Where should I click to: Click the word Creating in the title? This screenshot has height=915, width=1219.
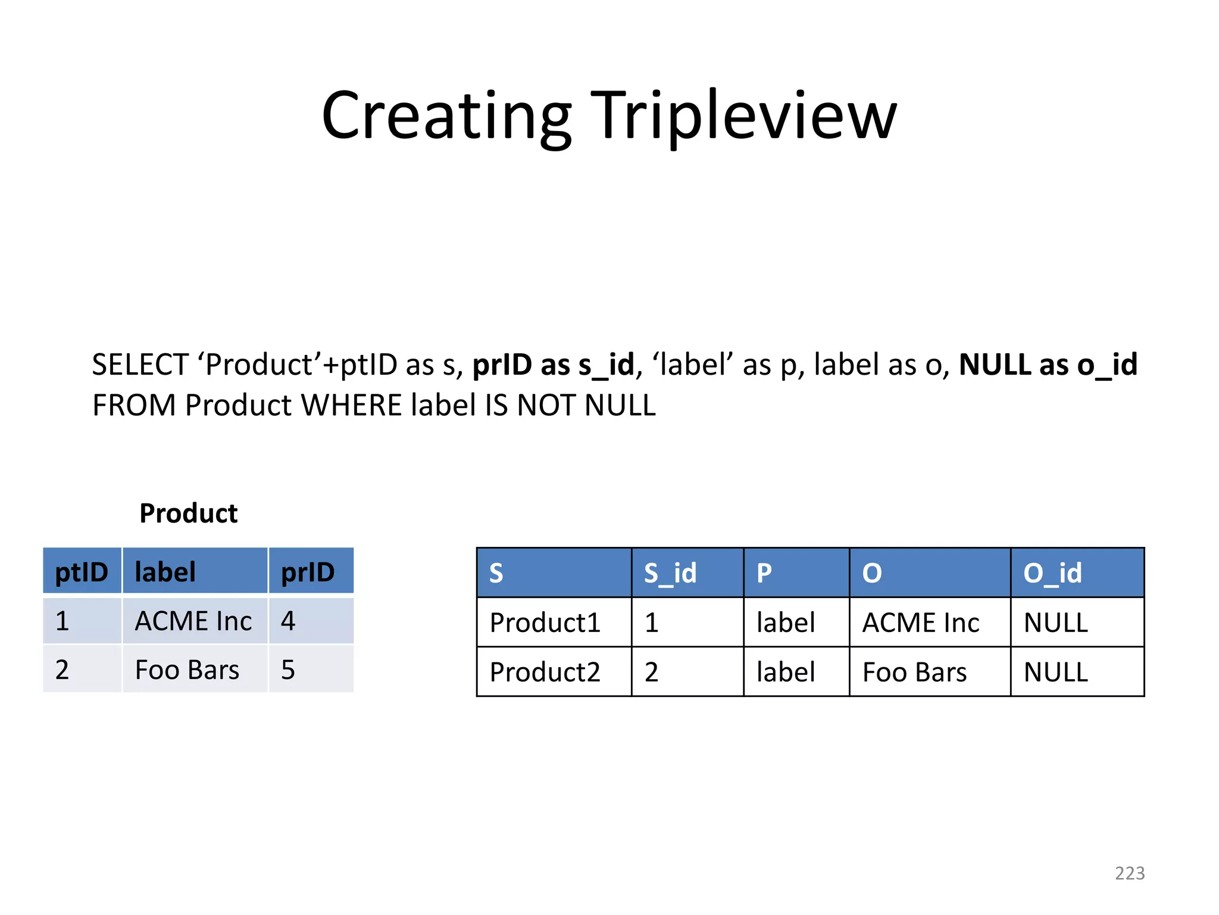pyautogui.click(x=446, y=116)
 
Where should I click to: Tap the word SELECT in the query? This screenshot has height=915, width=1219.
pyautogui.click(x=140, y=365)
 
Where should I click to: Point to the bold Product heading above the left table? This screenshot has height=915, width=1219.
pyautogui.click(x=188, y=513)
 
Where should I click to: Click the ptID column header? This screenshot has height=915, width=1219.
pyautogui.click(x=82, y=572)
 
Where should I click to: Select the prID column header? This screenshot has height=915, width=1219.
pyautogui.click(x=308, y=572)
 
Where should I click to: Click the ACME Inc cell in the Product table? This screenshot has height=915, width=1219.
pyautogui.click(x=193, y=621)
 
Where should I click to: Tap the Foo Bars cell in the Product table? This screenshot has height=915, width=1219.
pyautogui.click(x=187, y=670)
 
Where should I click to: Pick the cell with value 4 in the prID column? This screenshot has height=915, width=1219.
pyautogui.click(x=288, y=621)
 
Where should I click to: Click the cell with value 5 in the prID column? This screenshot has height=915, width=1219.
pyautogui.click(x=288, y=670)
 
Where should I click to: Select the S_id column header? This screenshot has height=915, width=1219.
pyautogui.click(x=670, y=573)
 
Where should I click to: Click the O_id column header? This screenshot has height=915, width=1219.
pyautogui.click(x=1052, y=573)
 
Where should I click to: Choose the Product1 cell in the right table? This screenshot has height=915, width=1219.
pyautogui.click(x=545, y=623)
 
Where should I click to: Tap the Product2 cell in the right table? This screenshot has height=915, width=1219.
pyautogui.click(x=545, y=673)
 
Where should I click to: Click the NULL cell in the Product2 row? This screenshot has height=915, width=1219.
pyautogui.click(x=1056, y=673)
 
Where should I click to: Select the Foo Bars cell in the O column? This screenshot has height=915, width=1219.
pyautogui.click(x=915, y=673)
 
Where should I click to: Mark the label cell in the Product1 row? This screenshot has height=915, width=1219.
pyautogui.click(x=786, y=623)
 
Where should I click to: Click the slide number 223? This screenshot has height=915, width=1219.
pyautogui.click(x=1130, y=873)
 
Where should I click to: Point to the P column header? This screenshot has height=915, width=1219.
pyautogui.click(x=764, y=573)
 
